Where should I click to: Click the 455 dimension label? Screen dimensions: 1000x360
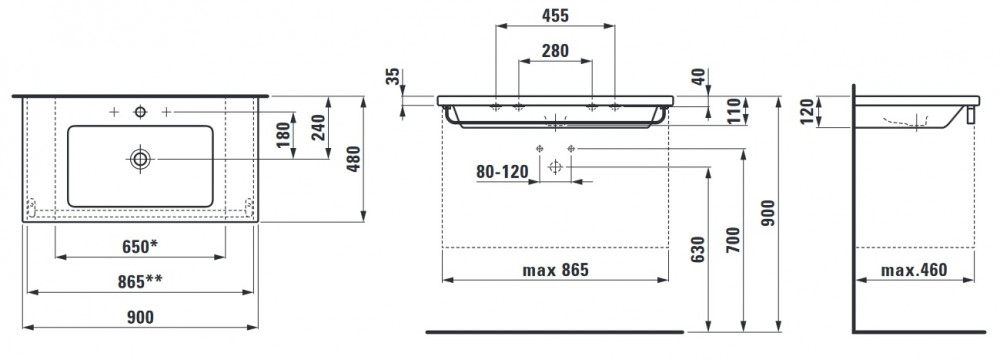[x=555, y=15]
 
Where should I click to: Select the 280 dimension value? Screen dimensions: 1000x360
[x=555, y=50]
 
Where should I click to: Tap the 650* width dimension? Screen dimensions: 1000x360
[x=141, y=246]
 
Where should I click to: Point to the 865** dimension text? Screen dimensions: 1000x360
[x=140, y=281]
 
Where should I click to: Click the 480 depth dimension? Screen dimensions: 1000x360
[x=353, y=160]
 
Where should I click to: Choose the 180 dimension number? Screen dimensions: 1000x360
[x=283, y=134]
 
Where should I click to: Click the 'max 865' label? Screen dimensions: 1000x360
[x=555, y=270]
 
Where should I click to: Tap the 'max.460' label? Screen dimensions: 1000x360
[x=914, y=270]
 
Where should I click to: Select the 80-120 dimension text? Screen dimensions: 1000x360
[x=503, y=172]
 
